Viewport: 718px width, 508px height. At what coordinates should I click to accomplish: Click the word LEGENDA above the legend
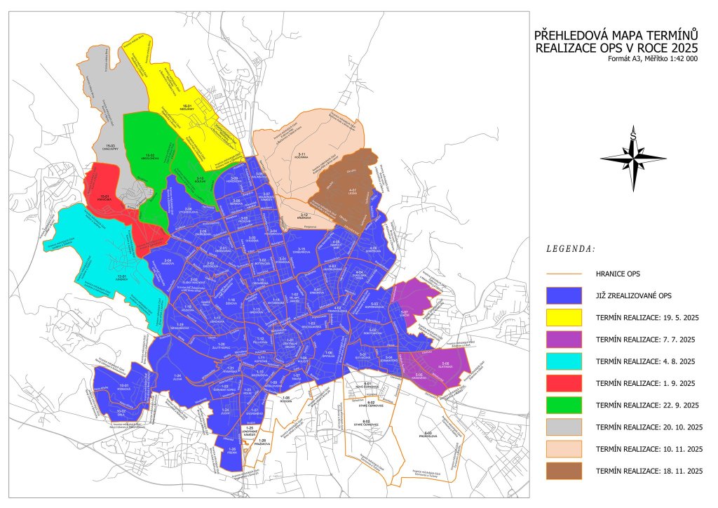(570, 248)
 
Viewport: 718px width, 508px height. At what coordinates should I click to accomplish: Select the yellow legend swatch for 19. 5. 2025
(564, 317)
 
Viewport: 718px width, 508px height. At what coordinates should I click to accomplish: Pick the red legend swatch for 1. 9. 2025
(564, 383)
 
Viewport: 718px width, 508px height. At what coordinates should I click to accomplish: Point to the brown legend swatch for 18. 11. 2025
(564, 470)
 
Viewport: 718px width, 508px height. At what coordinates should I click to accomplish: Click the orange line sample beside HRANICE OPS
(564, 274)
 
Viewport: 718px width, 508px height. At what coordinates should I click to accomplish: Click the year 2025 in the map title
(684, 48)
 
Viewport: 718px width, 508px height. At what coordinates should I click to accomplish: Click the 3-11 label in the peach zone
(302, 154)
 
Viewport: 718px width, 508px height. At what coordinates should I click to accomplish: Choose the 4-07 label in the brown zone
(353, 190)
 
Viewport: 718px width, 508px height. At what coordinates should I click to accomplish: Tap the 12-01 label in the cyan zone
(121, 276)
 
